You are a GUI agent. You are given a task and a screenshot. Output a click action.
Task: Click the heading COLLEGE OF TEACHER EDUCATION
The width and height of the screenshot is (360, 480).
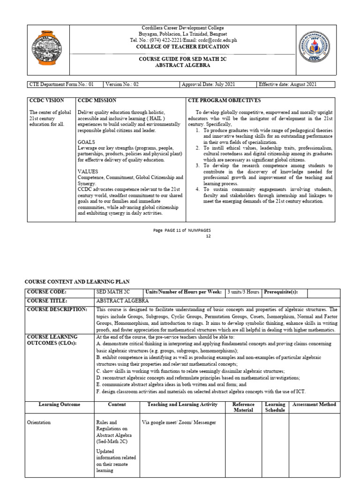pyautogui.click(x=182, y=47)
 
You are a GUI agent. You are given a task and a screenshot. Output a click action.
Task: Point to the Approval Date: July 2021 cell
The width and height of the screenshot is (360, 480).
pyautogui.click(x=205, y=84)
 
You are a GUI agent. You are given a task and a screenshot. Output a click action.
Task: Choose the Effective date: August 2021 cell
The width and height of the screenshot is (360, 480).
pyautogui.click(x=288, y=84)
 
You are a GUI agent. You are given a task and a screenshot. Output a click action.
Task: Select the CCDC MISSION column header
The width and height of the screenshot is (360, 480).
pyautogui.click(x=97, y=101)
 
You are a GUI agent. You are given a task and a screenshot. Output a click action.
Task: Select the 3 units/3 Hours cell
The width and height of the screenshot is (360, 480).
pyautogui.click(x=243, y=292)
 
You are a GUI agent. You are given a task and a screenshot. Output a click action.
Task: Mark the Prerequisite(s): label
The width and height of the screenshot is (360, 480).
pyautogui.click(x=280, y=292)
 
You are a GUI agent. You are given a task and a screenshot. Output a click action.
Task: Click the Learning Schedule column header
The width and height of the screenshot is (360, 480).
pyautogui.click(x=275, y=407)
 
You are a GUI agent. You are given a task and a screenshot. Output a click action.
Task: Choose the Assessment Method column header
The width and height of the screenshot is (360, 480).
pyautogui.click(x=314, y=405)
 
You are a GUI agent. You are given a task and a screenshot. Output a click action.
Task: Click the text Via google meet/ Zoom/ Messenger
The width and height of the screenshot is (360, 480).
pyautogui.click(x=179, y=423)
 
